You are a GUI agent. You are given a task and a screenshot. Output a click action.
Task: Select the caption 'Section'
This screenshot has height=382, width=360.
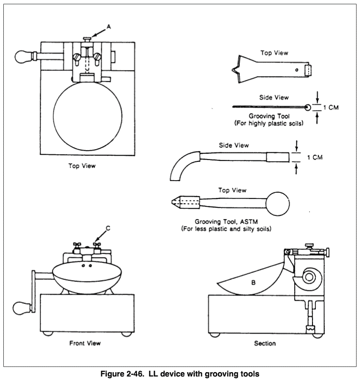(265, 343)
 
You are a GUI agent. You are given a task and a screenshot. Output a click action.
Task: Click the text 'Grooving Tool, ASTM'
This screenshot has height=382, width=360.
(230, 222)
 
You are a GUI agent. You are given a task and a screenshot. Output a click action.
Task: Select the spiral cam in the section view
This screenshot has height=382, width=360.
(309, 278)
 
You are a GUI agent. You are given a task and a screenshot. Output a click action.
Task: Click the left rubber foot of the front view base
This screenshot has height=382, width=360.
(47, 334)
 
